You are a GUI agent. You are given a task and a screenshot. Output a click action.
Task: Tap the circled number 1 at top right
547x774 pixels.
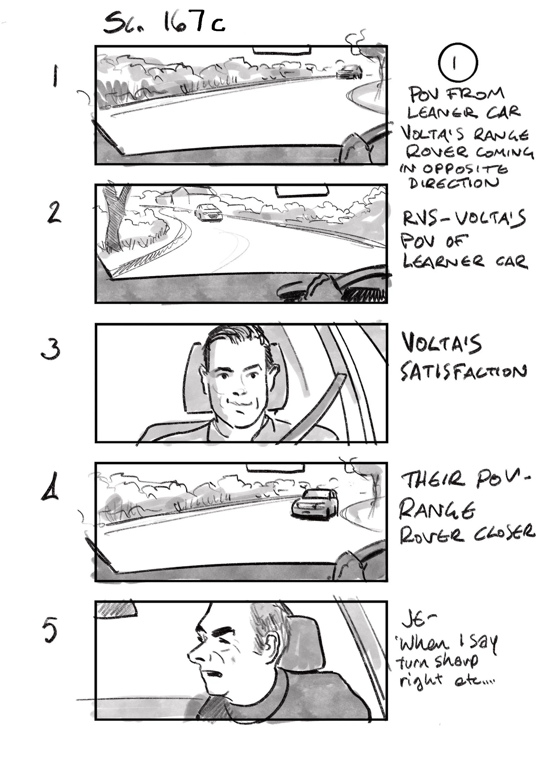(458, 62)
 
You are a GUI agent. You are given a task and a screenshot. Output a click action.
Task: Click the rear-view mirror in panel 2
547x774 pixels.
(301, 191)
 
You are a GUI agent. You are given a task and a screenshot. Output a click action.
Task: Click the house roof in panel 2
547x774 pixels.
(182, 192)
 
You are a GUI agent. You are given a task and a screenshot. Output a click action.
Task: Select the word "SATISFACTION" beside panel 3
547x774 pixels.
(463, 372)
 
